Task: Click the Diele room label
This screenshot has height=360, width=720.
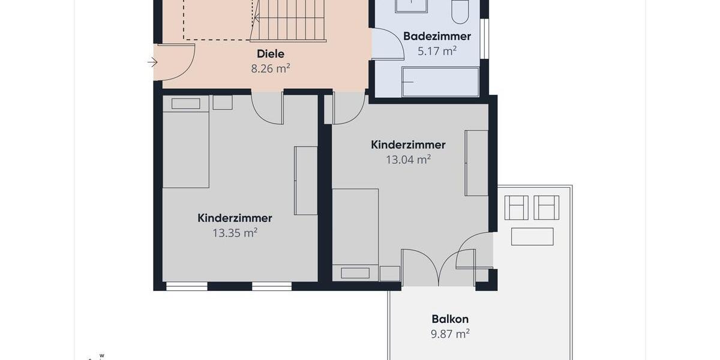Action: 271,54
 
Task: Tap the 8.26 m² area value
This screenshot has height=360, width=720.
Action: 271,68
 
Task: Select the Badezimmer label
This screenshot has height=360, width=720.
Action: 437,36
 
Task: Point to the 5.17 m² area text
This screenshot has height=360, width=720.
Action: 437,51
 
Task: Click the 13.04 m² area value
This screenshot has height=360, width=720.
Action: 408,160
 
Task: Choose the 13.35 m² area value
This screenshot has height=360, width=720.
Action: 235,233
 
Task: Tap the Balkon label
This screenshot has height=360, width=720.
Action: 450,319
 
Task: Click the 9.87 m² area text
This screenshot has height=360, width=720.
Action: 450,334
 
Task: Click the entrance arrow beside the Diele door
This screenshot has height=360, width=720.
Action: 152,62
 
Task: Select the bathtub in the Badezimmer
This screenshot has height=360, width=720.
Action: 440,82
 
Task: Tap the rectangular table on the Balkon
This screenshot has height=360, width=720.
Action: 532,236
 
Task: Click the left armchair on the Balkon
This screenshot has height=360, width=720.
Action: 516,208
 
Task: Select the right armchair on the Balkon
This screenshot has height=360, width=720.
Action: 547,208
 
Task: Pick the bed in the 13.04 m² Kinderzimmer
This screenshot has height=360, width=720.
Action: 355,234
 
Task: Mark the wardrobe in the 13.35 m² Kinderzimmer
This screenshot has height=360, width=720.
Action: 305,180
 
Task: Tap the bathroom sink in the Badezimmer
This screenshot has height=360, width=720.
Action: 411,6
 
